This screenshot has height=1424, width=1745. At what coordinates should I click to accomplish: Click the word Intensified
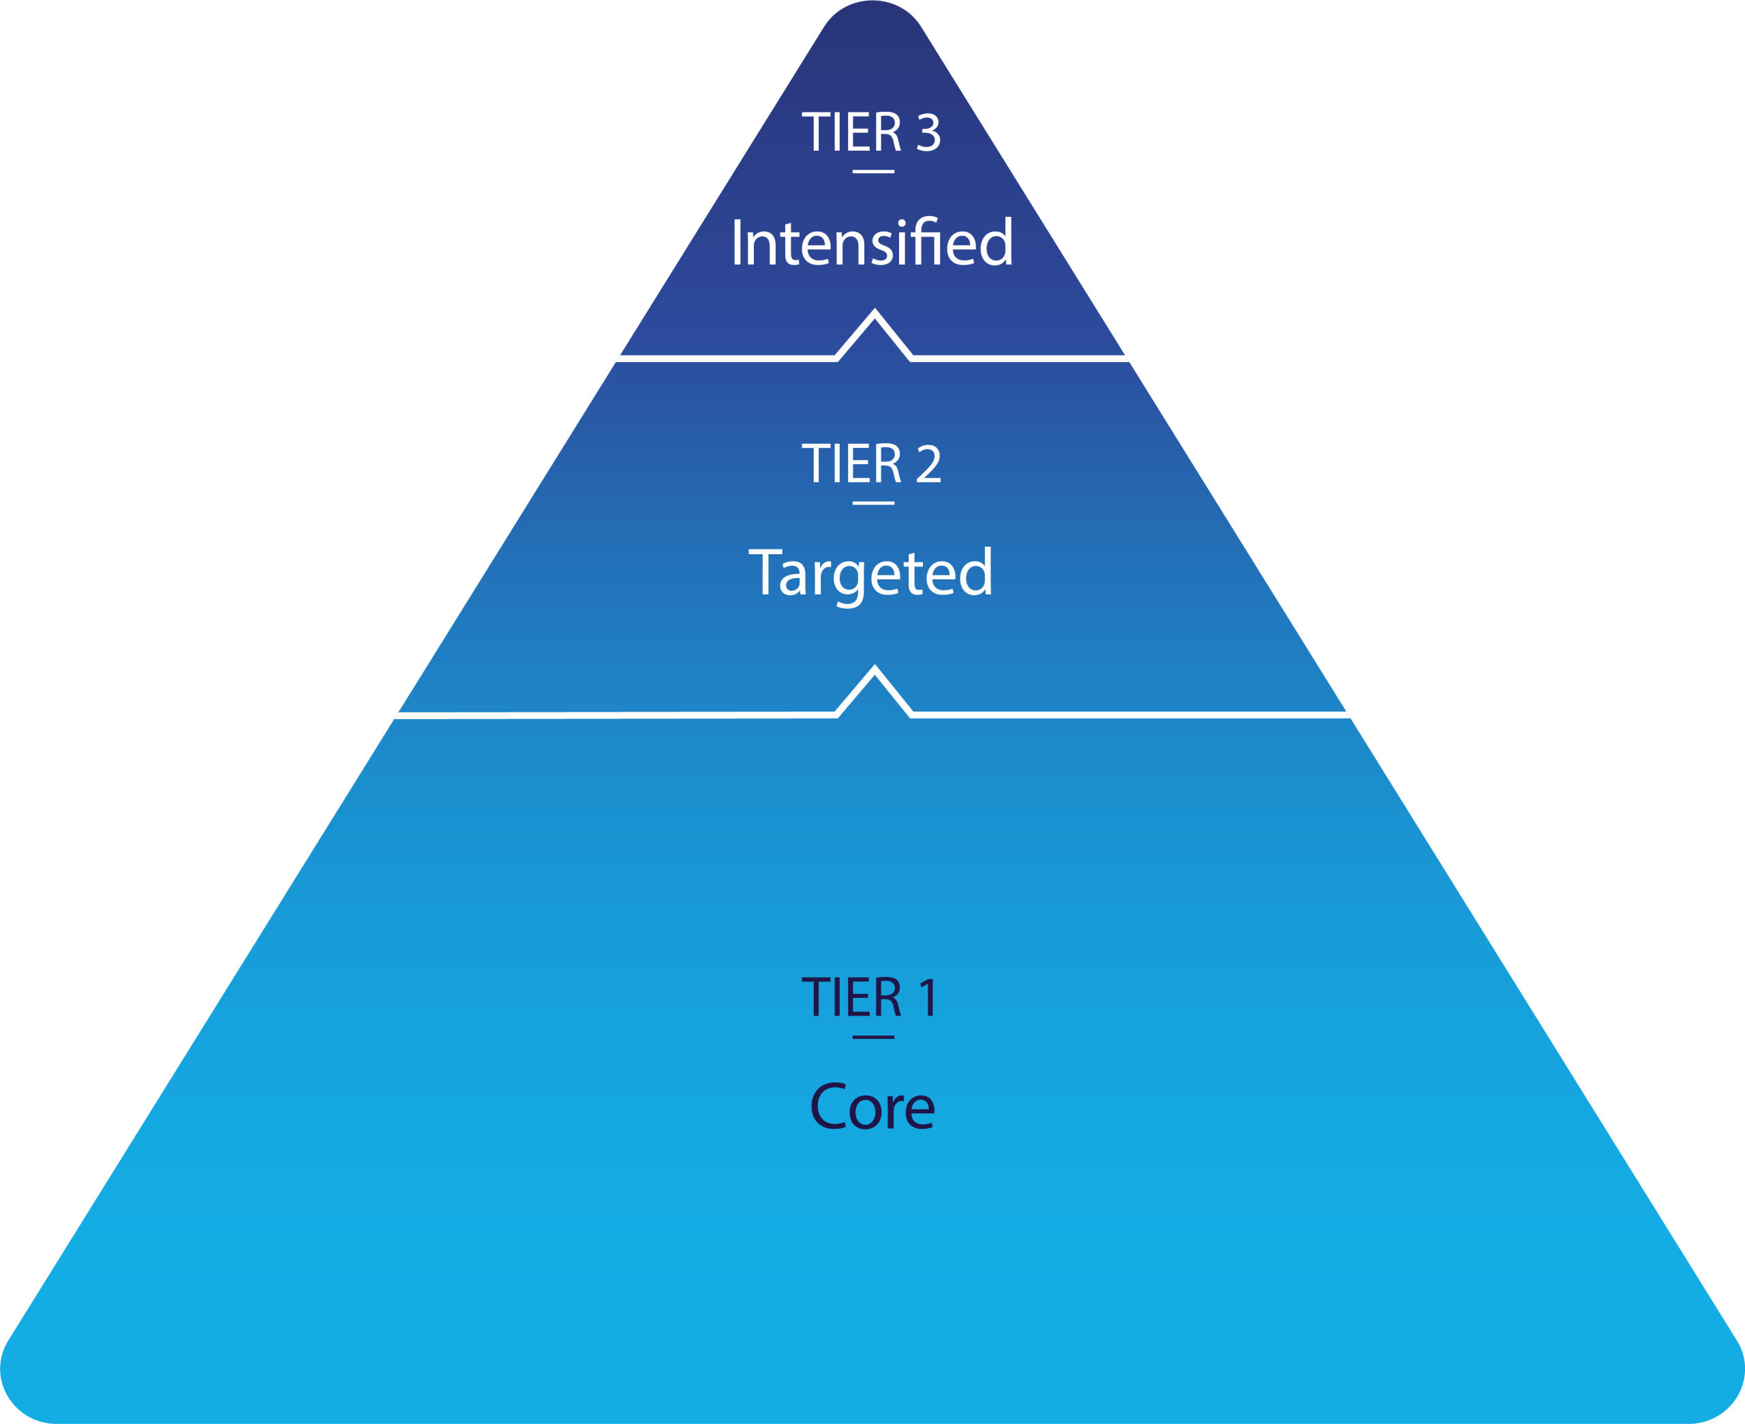[872, 243]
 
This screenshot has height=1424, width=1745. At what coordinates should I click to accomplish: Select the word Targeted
[871, 573]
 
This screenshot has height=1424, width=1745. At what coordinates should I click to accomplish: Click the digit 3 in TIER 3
[928, 133]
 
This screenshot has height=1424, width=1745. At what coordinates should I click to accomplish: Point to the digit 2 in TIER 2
[928, 464]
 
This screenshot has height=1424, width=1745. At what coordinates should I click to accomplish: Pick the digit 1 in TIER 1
[928, 998]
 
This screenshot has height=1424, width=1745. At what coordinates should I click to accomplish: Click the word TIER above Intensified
[851, 133]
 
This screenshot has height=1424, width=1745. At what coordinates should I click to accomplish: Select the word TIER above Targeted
[851, 464]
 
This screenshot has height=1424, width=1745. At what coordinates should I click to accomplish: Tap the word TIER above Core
[851, 998]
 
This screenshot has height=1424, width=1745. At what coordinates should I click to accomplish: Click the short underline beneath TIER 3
[873, 171]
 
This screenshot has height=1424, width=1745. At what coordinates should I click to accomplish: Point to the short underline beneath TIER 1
[873, 1037]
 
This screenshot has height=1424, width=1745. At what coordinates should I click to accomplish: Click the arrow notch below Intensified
[874, 328]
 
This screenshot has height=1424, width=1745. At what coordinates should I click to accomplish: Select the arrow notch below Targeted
[874, 684]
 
